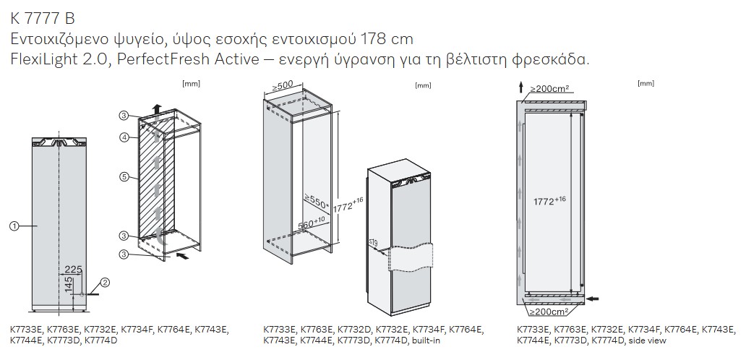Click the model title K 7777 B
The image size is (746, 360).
point(43,19)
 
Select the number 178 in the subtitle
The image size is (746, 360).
point(376,39)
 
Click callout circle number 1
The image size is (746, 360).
point(14,226)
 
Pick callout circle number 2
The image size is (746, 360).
point(105,283)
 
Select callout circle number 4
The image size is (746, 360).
point(123,137)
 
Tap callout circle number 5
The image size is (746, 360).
point(123,177)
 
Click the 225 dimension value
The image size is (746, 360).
point(73,270)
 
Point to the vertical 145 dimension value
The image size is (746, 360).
point(69,285)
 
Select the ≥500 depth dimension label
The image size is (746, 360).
point(282,87)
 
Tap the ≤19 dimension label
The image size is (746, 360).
point(373,243)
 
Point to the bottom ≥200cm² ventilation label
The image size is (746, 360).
point(549,312)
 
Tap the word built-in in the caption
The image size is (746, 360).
point(426,340)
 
